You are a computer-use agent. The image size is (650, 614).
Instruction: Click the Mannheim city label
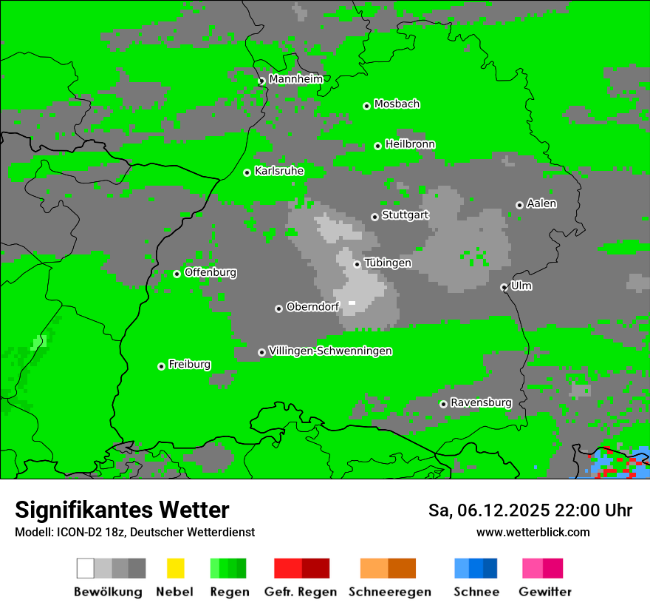pos(295,79)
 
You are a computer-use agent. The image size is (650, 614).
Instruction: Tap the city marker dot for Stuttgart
pos(374,217)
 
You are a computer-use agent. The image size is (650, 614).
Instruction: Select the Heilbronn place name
pos(410,144)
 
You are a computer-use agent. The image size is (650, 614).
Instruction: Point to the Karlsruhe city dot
pos(247,172)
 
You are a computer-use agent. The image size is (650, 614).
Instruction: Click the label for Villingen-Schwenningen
pos(330,351)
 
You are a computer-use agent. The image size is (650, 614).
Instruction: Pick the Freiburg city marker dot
pos(161,366)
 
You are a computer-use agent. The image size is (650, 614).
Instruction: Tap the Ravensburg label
pos(481,402)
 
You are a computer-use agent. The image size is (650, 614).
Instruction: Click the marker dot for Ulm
pos(504,287)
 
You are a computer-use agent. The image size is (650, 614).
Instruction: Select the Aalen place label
pos(541,203)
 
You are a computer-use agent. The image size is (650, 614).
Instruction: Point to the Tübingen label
pos(388,263)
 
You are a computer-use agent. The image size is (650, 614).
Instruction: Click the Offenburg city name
pos(211,272)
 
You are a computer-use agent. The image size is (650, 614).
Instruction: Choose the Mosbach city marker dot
pos(366,106)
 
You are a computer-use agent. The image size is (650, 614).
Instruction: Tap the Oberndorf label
pos(312,306)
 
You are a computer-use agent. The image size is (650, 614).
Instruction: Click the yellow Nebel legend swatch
pos(175,568)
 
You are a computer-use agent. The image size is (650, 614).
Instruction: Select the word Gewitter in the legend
pos(545,592)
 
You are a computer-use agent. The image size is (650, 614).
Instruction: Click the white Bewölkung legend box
pos(86,568)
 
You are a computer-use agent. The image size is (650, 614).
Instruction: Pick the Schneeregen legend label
pos(389,592)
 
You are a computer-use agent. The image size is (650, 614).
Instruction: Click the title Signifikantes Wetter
pos(122,510)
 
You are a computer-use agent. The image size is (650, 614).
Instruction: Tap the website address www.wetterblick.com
pos(533,532)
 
